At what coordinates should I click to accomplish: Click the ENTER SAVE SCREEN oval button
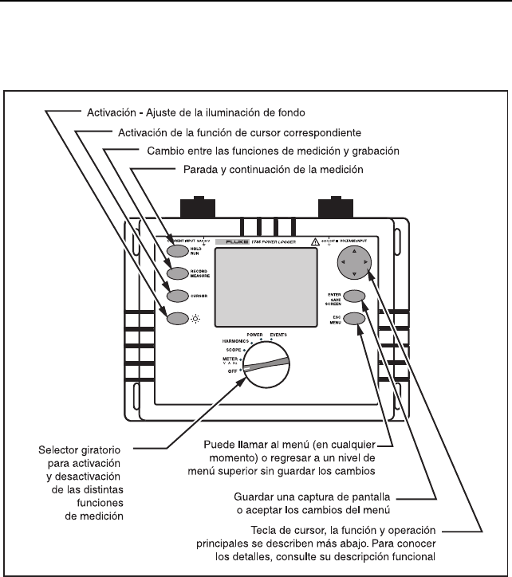356,296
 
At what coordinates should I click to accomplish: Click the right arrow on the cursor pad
365,261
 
